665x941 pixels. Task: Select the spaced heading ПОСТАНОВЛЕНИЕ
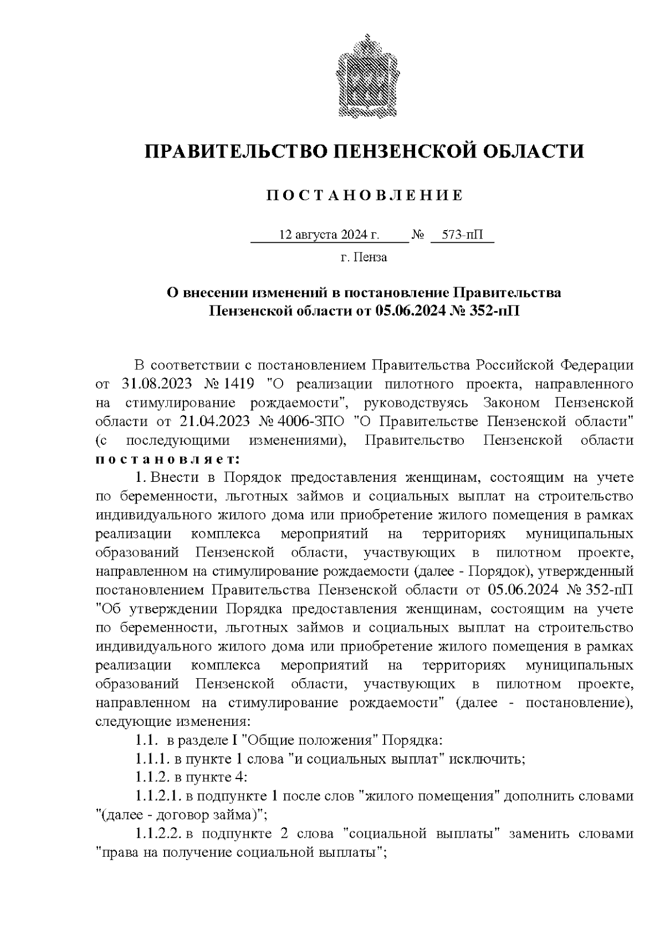click(x=364, y=196)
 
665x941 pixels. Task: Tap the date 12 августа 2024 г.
click(x=329, y=235)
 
